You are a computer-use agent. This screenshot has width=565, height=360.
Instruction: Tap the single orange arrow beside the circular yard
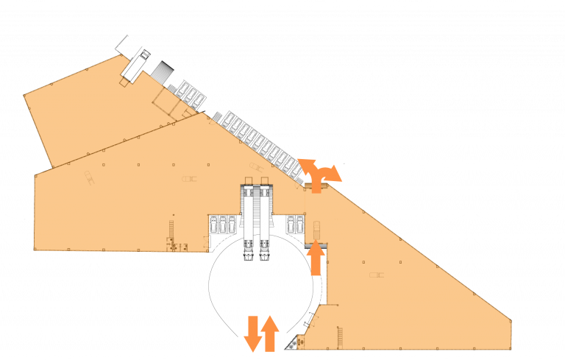click(316, 257)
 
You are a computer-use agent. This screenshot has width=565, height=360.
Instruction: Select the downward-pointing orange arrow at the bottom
click(252, 333)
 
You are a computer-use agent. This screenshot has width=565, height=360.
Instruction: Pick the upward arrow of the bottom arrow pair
click(270, 333)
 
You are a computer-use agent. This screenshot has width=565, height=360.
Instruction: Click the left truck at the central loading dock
click(248, 250)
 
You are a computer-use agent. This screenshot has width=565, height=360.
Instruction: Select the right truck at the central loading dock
click(263, 250)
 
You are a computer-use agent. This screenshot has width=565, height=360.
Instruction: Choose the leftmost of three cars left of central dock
click(213, 225)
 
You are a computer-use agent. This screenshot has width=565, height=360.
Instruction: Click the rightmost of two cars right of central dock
click(299, 223)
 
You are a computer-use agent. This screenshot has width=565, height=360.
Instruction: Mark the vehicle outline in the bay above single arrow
click(316, 227)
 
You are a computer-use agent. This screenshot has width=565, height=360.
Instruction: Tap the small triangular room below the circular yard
click(299, 342)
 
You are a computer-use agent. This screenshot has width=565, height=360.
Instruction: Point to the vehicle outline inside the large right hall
click(376, 275)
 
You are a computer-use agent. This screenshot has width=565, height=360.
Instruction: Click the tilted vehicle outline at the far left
click(89, 178)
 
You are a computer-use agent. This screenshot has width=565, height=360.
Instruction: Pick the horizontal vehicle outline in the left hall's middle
click(189, 178)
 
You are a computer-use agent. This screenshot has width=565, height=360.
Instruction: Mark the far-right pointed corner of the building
click(511, 320)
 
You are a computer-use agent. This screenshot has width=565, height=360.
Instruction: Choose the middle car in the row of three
click(223, 225)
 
